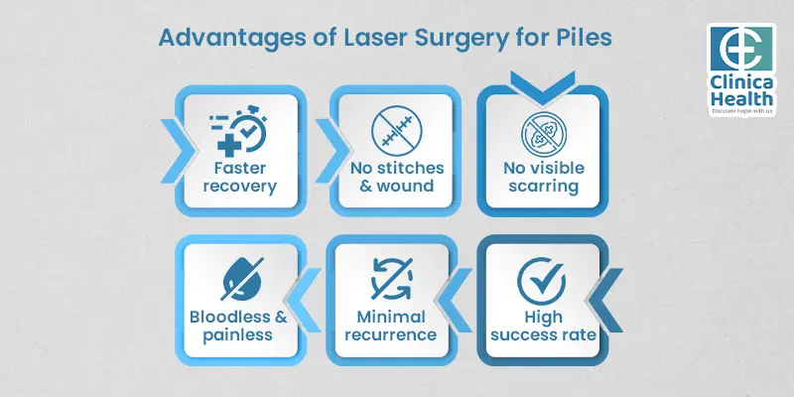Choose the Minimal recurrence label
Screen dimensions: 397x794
pos(389,325)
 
